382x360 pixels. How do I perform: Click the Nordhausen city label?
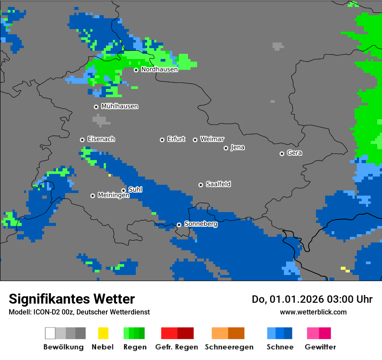pyautogui.click(x=159, y=69)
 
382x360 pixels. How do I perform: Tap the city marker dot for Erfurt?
pyautogui.click(x=162, y=140)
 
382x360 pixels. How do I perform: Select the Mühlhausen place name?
pyautogui.click(x=119, y=106)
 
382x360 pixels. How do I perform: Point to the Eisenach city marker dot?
pyautogui.click(x=82, y=140)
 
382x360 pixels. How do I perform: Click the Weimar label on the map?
pyautogui.click(x=212, y=139)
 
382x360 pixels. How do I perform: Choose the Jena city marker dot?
pyautogui.click(x=226, y=148)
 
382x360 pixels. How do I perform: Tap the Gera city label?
pyautogui.click(x=294, y=153)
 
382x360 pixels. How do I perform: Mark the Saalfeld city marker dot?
pyautogui.click(x=201, y=185)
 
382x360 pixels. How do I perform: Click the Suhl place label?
pyautogui.click(x=135, y=190)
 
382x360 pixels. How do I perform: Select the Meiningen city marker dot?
pyautogui.click(x=92, y=196)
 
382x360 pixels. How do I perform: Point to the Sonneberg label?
pyautogui.click(x=201, y=224)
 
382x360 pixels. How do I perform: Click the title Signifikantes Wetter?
pyautogui.click(x=72, y=299)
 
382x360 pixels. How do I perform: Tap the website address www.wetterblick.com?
pyautogui.click(x=313, y=312)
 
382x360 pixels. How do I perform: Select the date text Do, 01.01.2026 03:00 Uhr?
pyautogui.click(x=312, y=299)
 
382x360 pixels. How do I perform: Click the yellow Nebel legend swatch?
pyautogui.click(x=103, y=333)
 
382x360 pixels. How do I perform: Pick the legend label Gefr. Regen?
pyautogui.click(x=176, y=347)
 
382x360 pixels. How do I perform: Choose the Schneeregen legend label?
pyautogui.click(x=229, y=347)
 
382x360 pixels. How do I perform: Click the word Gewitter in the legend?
pyautogui.click(x=320, y=347)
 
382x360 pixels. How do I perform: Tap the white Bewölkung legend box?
pyautogui.click(x=50, y=333)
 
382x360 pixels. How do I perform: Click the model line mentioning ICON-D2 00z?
pyautogui.click(x=79, y=312)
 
